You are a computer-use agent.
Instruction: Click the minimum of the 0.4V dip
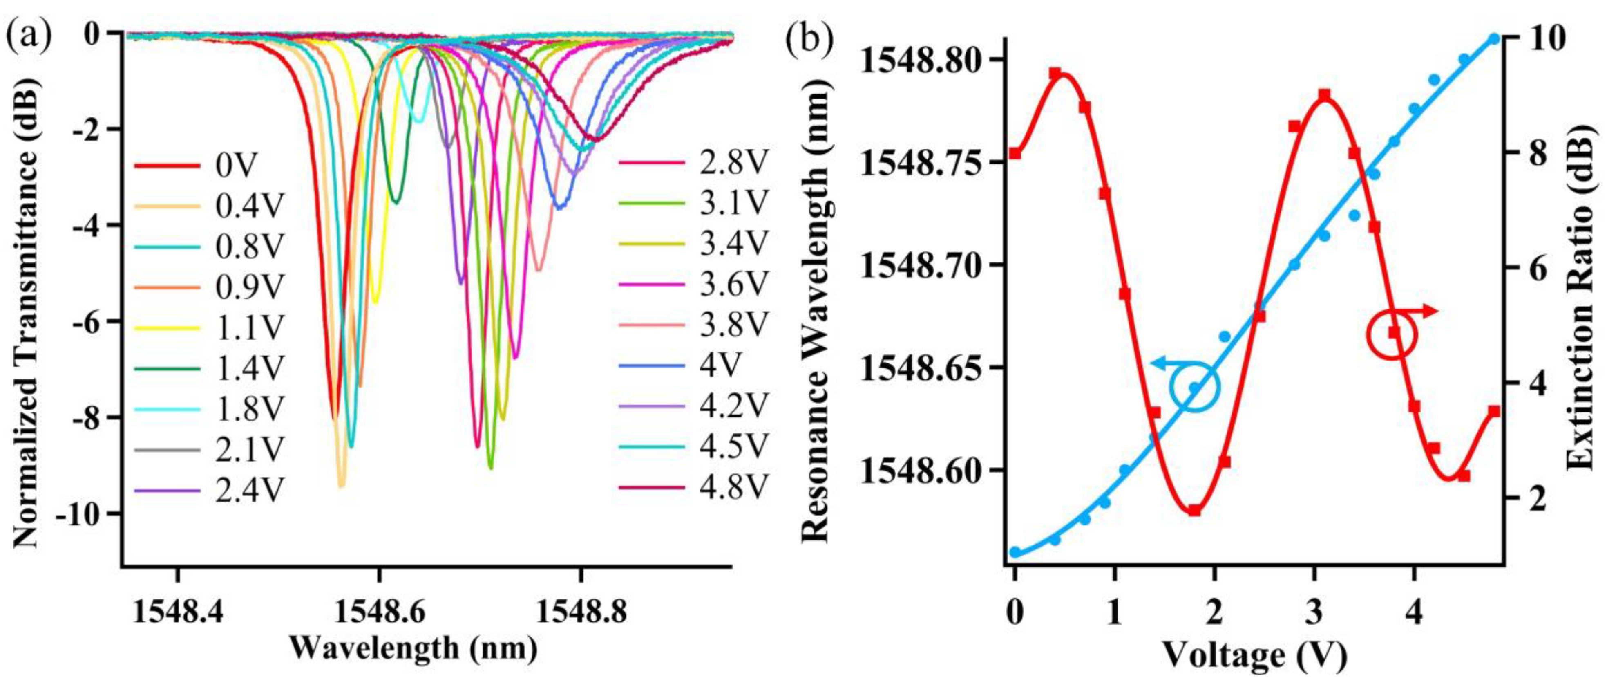click(341, 486)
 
